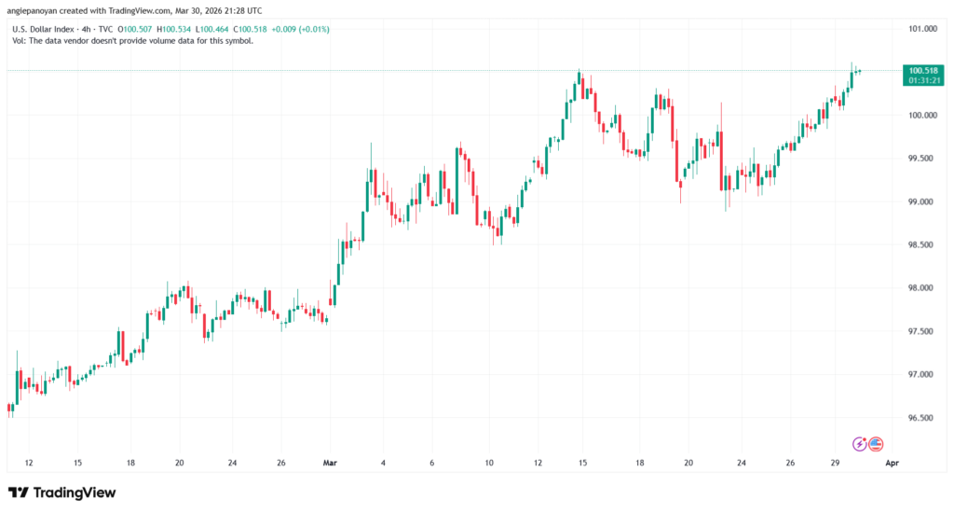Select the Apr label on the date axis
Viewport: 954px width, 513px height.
pyautogui.click(x=892, y=462)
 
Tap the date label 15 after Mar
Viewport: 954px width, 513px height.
pyautogui.click(x=582, y=462)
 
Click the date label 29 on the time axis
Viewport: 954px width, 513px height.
pyautogui.click(x=836, y=462)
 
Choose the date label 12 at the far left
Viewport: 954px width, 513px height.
pyautogui.click(x=29, y=462)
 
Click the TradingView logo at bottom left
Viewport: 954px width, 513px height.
pyautogui.click(x=61, y=492)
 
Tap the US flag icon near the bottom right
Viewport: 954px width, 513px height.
pyautogui.click(x=876, y=444)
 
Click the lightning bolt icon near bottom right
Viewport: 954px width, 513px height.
pyautogui.click(x=861, y=444)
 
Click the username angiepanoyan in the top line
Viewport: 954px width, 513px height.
pyautogui.click(x=38, y=9)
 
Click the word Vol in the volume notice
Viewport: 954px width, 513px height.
pyautogui.click(x=17, y=41)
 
